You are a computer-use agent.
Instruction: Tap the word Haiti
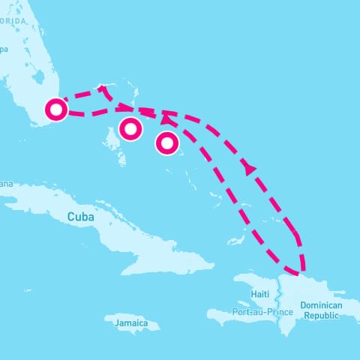pyautogui.click(x=260, y=293)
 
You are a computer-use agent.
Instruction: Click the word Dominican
pyautogui.click(x=321, y=305)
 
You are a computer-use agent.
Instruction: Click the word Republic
pyautogui.click(x=321, y=316)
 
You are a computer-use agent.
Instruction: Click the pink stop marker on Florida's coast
pyautogui.click(x=56, y=110)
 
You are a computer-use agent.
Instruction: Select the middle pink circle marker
pyautogui.click(x=130, y=129)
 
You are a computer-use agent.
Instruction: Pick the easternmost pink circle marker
pyautogui.click(x=167, y=142)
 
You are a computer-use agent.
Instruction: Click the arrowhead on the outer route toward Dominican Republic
pyautogui.click(x=249, y=169)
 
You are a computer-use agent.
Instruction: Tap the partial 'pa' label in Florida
pyautogui.click(x=4, y=50)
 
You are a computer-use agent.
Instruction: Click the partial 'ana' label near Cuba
pyautogui.click(x=6, y=184)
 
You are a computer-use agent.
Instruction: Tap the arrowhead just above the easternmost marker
pyautogui.click(x=165, y=118)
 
